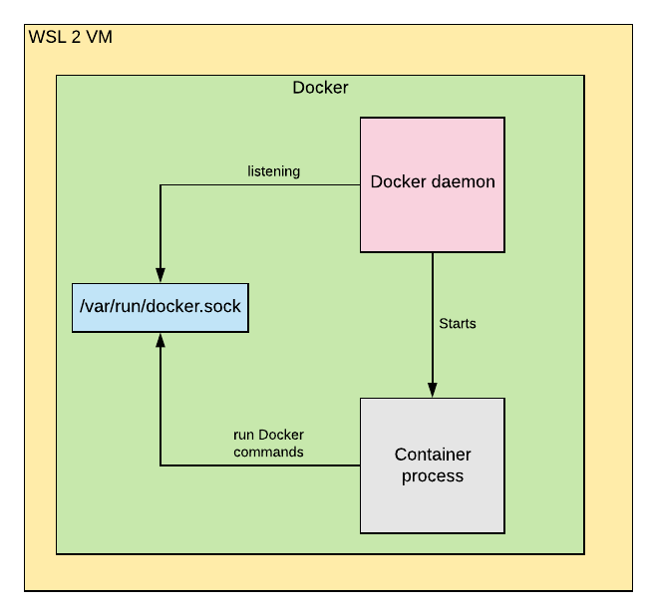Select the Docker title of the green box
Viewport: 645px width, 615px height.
pos(320,88)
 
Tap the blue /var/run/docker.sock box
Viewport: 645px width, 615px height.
pos(160,306)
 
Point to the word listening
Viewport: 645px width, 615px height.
pos(274,171)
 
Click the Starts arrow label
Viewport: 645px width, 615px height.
pos(458,324)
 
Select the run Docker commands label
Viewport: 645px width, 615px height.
pos(268,444)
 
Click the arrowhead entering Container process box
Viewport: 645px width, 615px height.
pos(432,390)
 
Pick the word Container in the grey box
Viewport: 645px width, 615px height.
pos(433,456)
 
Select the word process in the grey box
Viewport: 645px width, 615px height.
pos(433,476)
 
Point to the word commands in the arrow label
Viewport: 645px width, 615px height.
pos(268,452)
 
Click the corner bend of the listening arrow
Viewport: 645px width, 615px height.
pos(160,185)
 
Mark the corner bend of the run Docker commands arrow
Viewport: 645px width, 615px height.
pos(160,464)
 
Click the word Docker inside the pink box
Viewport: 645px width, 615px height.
pos(394,182)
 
